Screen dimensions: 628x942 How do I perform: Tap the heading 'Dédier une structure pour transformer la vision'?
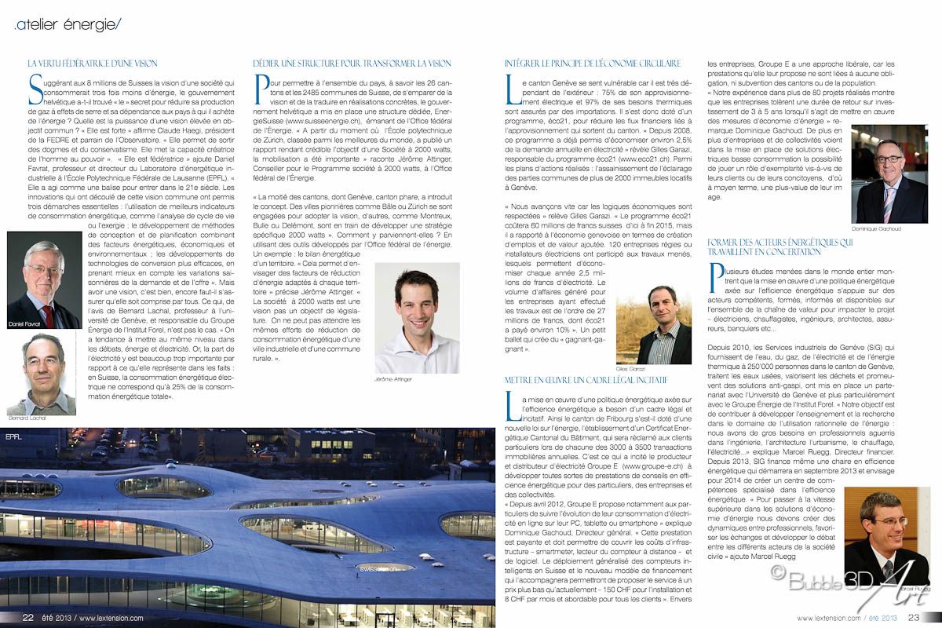(x=352, y=63)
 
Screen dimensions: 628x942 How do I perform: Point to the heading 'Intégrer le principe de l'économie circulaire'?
(x=592, y=63)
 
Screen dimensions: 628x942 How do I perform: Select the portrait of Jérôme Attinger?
(x=417, y=317)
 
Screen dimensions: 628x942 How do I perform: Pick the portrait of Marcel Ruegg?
(x=887, y=535)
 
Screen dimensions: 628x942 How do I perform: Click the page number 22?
(x=27, y=618)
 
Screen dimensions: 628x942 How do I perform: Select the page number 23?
(x=915, y=618)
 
